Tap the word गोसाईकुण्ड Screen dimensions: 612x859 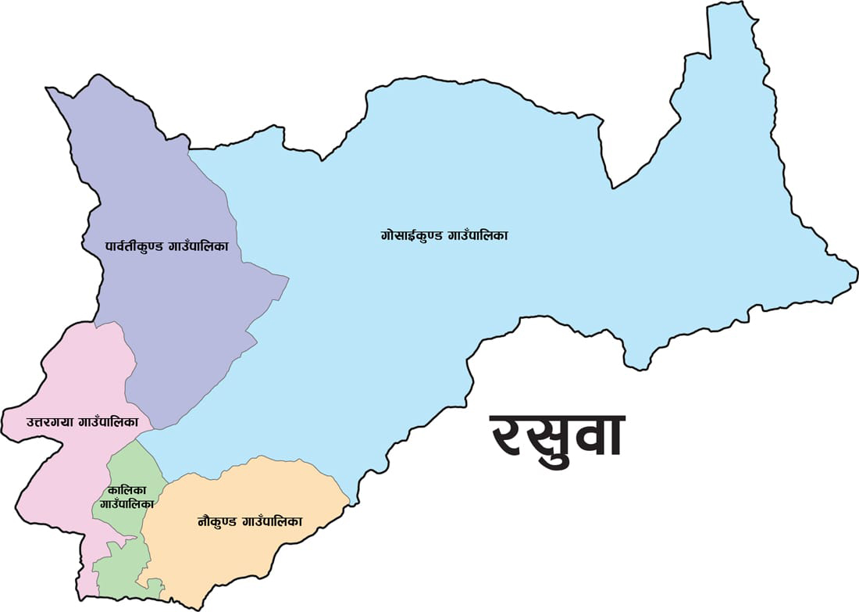tap(412, 234)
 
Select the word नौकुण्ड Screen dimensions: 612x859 tap(218, 521)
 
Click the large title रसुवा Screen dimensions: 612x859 tap(556, 435)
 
